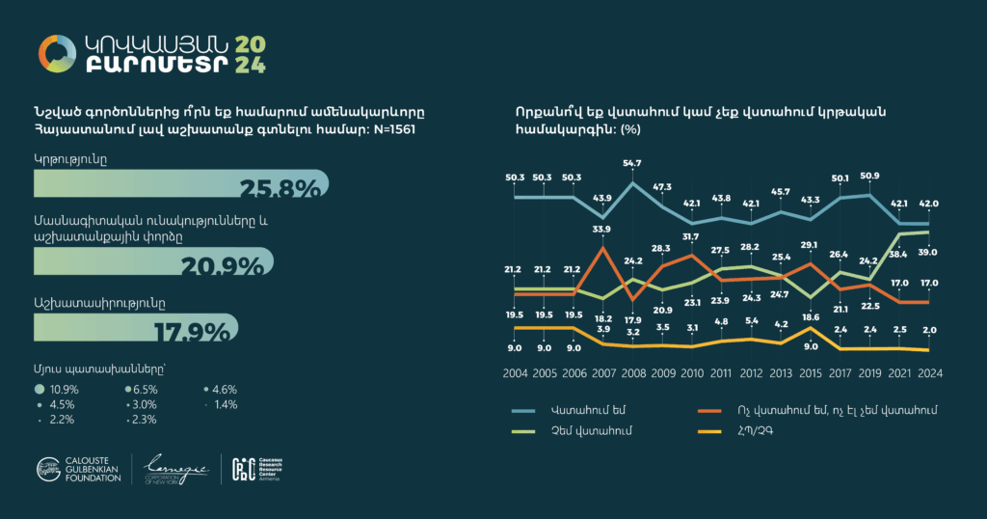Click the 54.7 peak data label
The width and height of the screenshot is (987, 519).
(632, 163)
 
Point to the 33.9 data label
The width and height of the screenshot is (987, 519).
(601, 229)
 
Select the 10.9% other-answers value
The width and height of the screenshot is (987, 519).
(62, 389)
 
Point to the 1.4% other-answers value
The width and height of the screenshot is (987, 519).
(225, 404)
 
